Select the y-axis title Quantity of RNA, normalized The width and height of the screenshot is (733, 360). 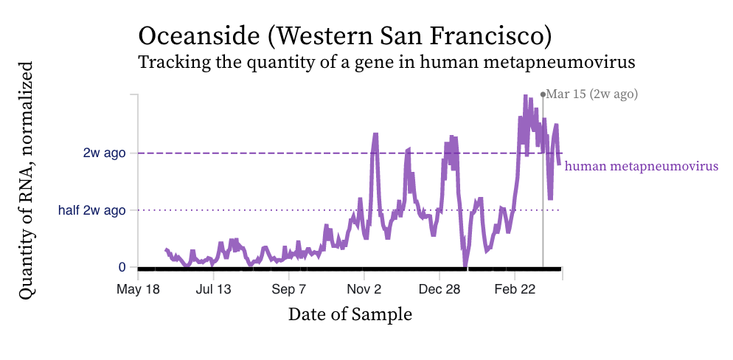click(x=27, y=180)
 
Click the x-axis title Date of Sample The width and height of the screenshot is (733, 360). click(x=350, y=314)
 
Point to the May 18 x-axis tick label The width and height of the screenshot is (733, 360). click(x=138, y=288)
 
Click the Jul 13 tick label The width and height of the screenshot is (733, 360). click(x=214, y=288)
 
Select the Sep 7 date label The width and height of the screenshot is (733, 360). click(x=288, y=288)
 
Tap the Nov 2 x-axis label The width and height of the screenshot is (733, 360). click(x=364, y=288)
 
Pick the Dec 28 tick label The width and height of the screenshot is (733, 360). click(x=440, y=288)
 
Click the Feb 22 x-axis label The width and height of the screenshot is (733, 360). click(x=515, y=288)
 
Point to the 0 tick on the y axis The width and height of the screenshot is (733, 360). click(x=122, y=267)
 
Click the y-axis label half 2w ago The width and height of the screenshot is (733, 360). click(x=92, y=210)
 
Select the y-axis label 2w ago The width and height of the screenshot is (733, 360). click(x=104, y=153)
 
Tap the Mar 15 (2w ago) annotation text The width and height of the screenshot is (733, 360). click(x=591, y=94)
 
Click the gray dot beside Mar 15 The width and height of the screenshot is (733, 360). click(x=543, y=94)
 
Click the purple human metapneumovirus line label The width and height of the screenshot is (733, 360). click(x=642, y=166)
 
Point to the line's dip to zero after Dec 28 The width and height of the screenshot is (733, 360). click(x=465, y=264)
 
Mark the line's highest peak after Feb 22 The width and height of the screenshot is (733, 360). click(x=525, y=97)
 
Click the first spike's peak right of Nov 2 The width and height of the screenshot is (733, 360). click(x=375, y=135)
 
